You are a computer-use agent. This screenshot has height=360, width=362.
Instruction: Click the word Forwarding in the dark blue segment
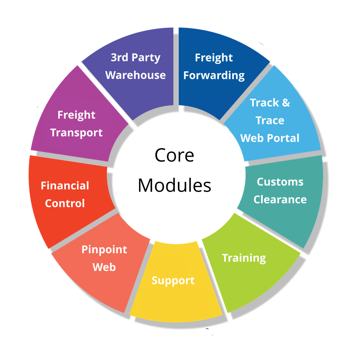coord(214,76)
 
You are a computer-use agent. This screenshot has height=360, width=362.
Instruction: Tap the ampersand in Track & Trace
coord(286,103)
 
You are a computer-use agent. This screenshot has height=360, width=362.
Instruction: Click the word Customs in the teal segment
coord(280,182)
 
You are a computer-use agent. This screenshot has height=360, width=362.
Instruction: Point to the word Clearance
coord(280,199)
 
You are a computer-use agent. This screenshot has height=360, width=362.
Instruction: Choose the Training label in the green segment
coord(244,258)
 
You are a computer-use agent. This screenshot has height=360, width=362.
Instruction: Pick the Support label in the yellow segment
coord(173,280)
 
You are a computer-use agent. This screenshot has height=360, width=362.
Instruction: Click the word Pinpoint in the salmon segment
coord(104,249)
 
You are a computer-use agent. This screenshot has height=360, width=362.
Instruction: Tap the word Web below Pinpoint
coord(104,267)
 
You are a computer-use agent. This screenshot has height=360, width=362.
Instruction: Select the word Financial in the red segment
coord(65,185)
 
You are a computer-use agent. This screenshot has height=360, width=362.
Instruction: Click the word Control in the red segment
coord(65,203)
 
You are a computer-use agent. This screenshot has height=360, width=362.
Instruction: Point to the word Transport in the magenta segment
coord(76,133)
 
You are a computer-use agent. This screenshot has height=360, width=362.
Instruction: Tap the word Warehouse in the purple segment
coord(135,75)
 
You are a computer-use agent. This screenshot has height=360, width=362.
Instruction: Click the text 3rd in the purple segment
coord(120,57)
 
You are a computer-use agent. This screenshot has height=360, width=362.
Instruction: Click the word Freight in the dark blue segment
coord(214,58)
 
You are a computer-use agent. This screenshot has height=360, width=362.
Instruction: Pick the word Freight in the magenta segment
coord(76,115)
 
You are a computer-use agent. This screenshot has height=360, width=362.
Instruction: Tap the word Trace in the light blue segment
coord(270,120)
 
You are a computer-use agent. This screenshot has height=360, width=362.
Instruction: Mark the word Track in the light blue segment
coord(264,103)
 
